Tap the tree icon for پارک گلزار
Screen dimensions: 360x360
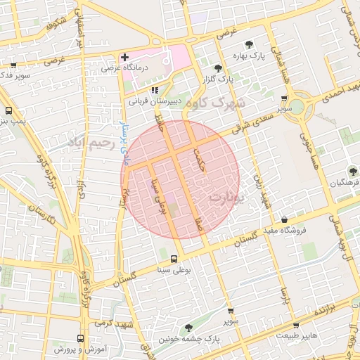tap(218, 69)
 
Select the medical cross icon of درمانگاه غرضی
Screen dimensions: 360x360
tap(124, 57)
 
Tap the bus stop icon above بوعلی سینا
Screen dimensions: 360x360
tap(174, 259)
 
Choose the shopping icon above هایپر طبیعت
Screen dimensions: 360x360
tap(295, 326)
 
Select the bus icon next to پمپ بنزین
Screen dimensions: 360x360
tap(8, 110)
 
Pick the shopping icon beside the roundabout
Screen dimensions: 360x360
tap(283, 99)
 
